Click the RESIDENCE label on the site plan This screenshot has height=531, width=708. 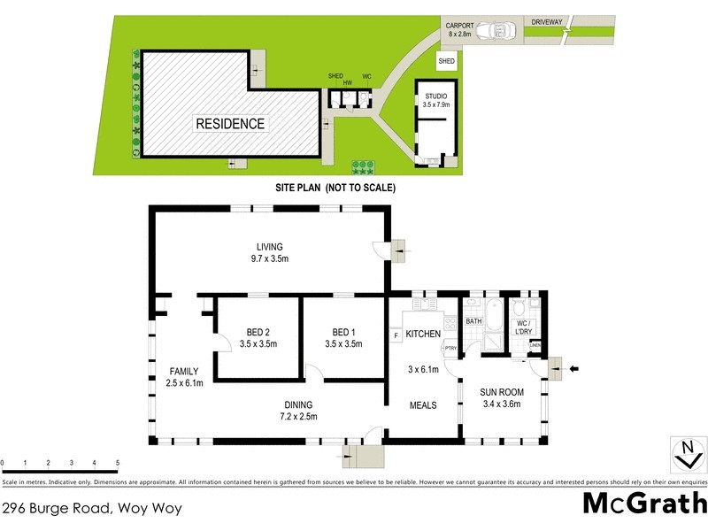click(x=230, y=124)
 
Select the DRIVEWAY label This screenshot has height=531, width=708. click(x=548, y=20)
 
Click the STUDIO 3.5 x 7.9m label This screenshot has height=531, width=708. click(x=435, y=99)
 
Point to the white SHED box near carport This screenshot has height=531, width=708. click(x=447, y=61)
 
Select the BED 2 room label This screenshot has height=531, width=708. click(x=261, y=339)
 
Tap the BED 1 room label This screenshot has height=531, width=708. click(x=343, y=339)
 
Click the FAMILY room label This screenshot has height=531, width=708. click(x=185, y=377)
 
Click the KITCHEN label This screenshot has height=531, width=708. click(x=423, y=333)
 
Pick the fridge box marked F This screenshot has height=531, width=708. click(x=396, y=335)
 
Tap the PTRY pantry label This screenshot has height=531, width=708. click(x=450, y=349)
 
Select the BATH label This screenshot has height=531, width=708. click(x=473, y=321)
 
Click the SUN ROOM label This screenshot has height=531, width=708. click(x=502, y=397)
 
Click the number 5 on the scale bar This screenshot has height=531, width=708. click(x=117, y=463)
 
